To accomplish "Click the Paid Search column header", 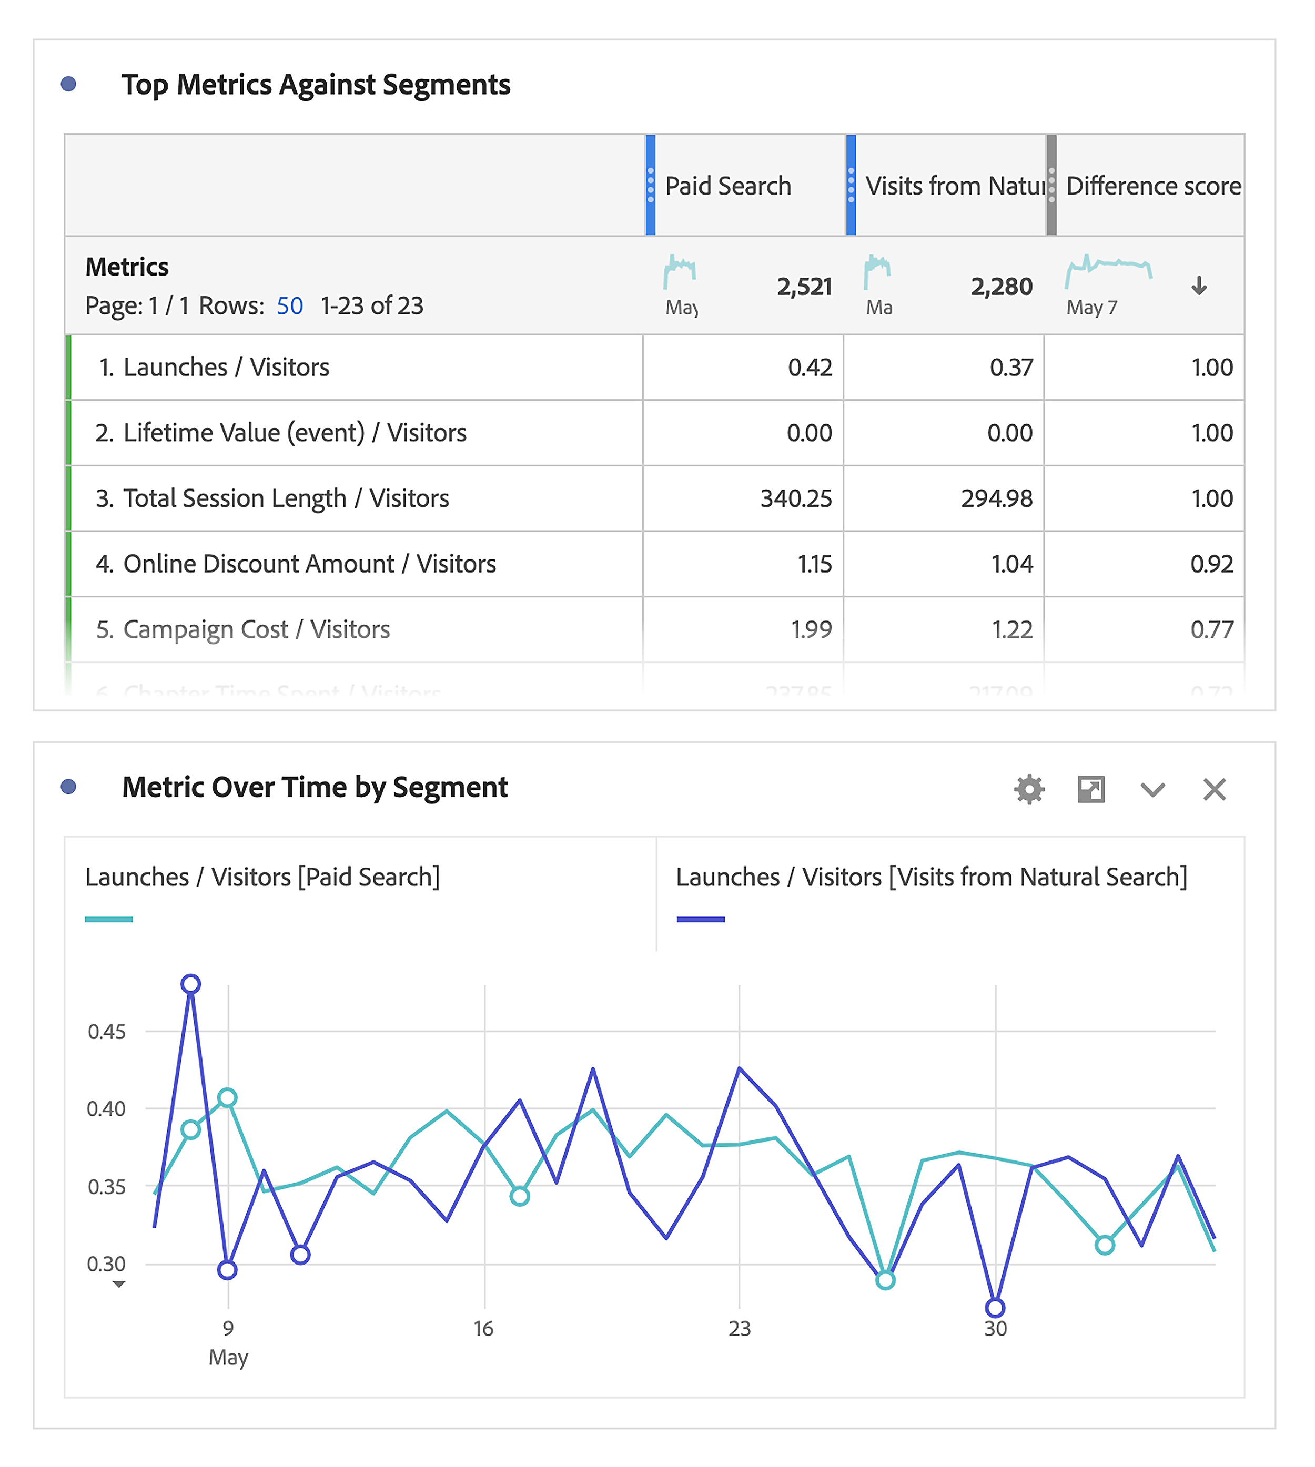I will coord(727,186).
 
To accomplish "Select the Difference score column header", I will coord(1153,186).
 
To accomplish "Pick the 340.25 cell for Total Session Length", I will coord(795,498).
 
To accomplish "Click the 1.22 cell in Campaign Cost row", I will coord(1011,629).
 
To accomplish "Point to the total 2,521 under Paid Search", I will coord(804,287).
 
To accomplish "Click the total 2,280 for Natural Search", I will coord(1002,287).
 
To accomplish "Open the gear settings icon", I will coord(1029,789).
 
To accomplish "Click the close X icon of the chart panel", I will coord(1214,789).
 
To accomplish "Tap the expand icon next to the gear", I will coord(1090,789).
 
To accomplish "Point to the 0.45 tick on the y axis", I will coord(106,1032).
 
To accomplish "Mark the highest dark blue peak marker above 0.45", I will coord(191,984).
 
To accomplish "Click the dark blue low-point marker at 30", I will coord(995,1307).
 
